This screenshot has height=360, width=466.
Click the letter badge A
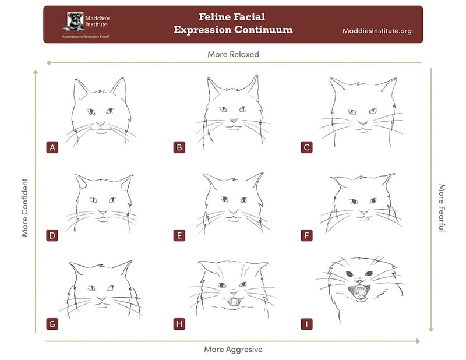coord(52,147)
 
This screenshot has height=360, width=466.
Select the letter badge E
coord(179,235)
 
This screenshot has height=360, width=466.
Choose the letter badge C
coord(306,147)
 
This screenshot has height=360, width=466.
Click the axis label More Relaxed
coord(233,54)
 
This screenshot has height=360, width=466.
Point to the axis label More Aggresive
coord(232,349)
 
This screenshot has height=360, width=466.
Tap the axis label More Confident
coord(25,207)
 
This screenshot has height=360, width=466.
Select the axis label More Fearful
coord(442,209)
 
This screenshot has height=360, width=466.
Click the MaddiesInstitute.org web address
coord(377,31)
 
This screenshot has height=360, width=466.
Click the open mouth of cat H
coord(232,302)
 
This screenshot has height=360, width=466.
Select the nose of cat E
coord(232,212)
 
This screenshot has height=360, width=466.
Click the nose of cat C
coord(362,124)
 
